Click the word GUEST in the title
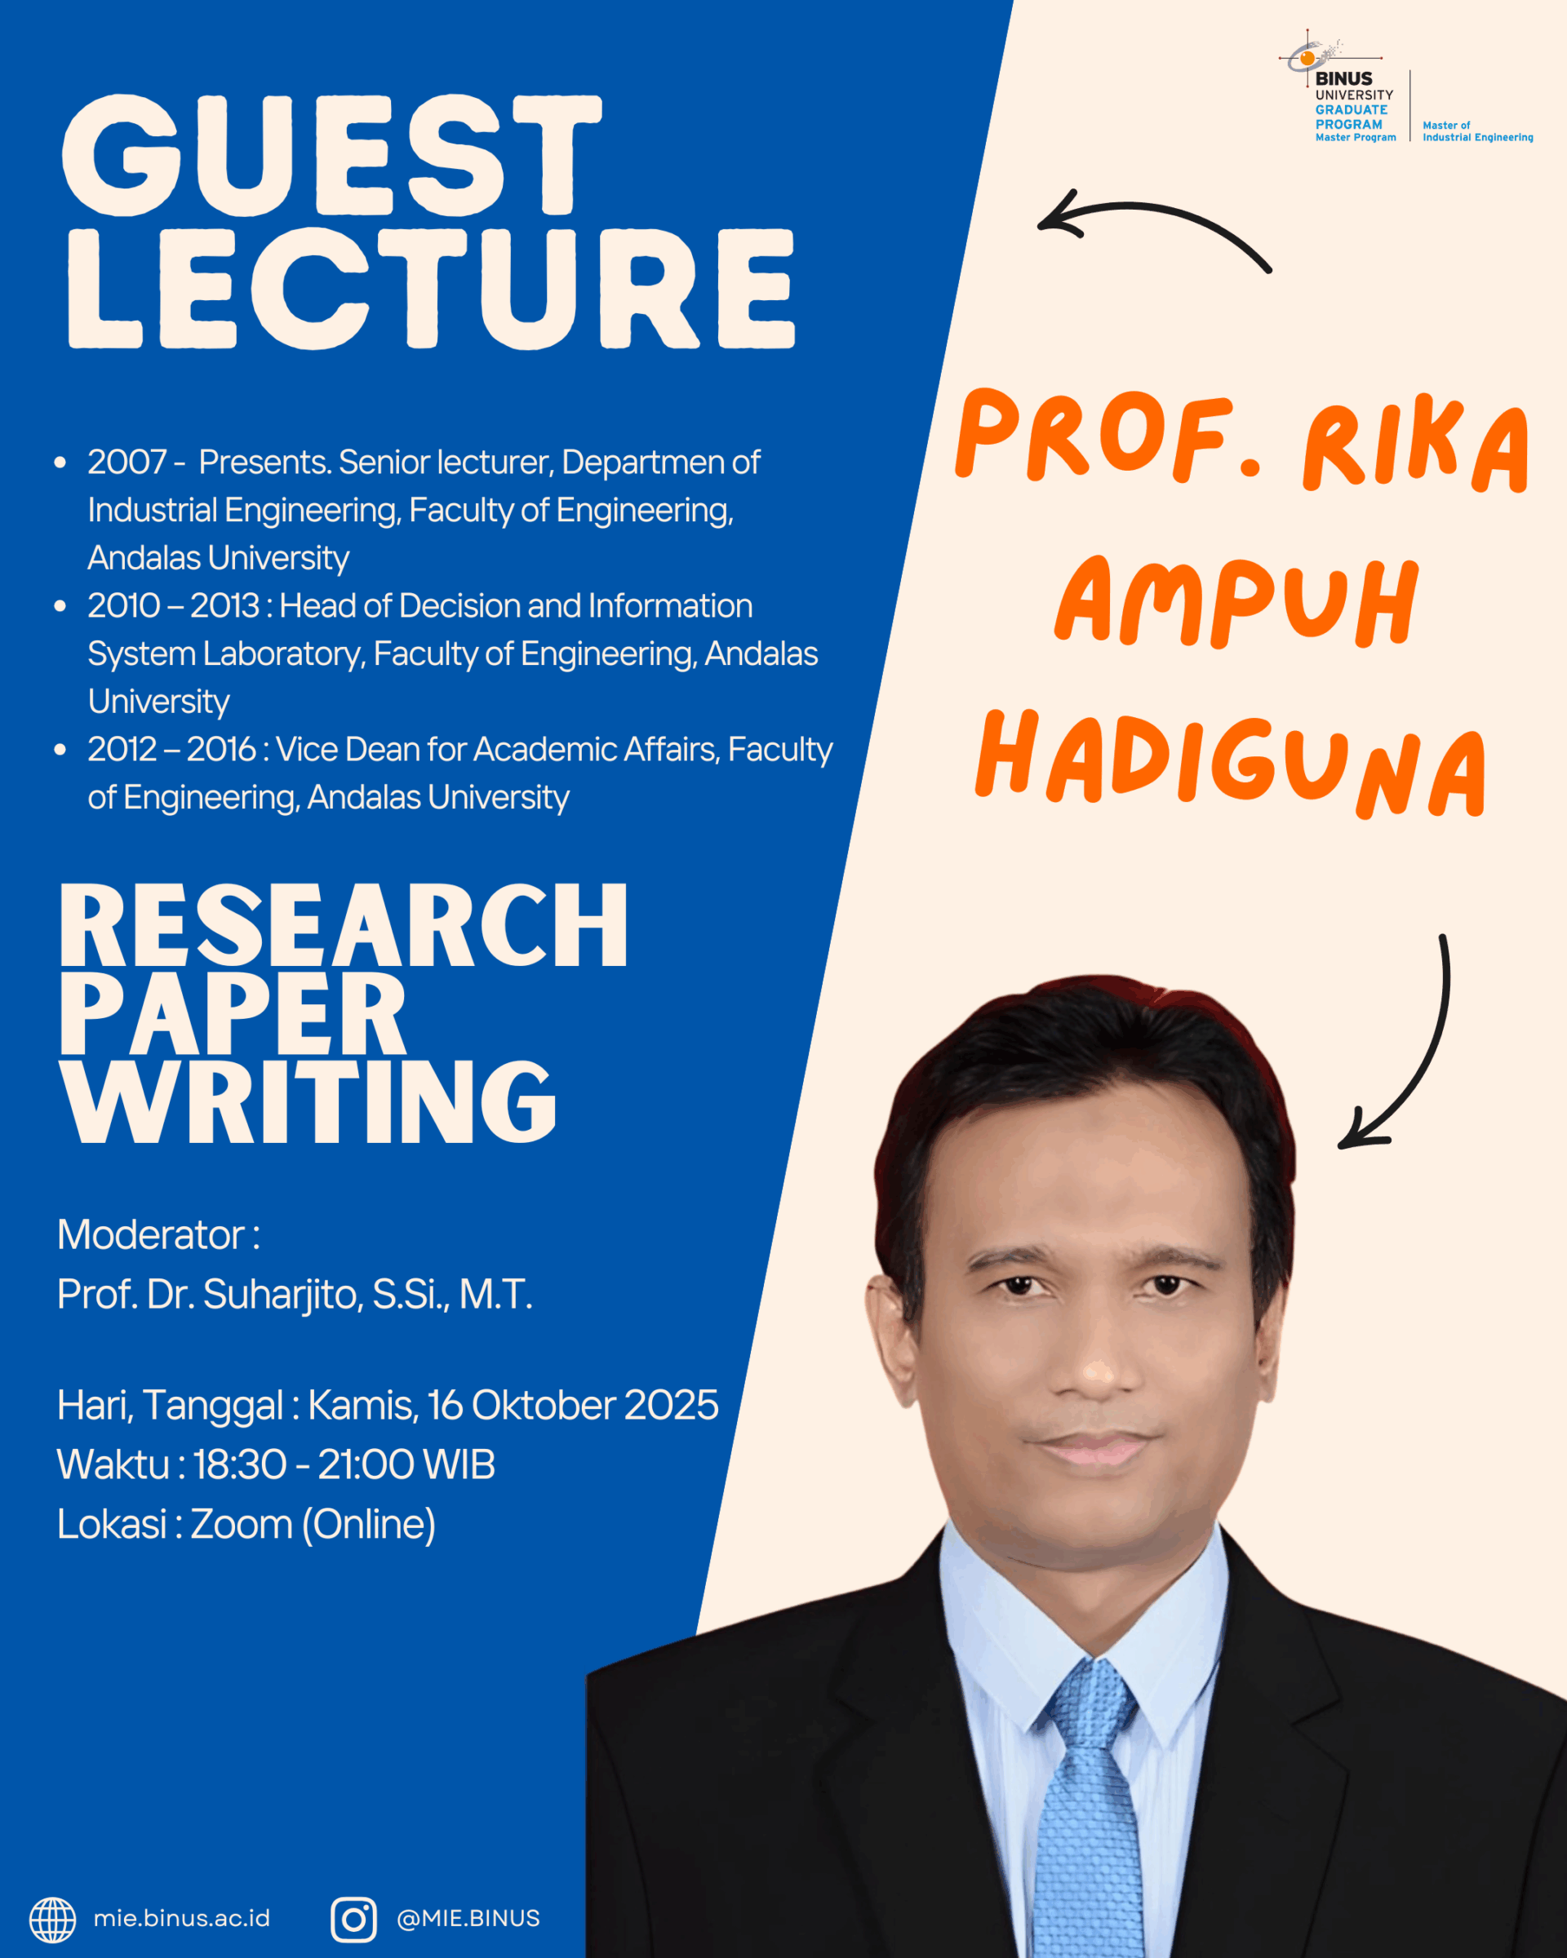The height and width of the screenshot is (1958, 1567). click(331, 155)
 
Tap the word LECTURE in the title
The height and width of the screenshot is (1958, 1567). click(432, 288)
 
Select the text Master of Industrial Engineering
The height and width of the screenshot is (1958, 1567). click(1477, 131)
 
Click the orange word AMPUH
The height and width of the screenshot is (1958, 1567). click(1236, 601)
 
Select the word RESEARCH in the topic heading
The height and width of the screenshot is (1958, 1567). click(344, 925)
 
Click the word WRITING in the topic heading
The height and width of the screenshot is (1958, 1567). click(308, 1101)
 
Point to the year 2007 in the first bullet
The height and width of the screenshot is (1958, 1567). click(127, 463)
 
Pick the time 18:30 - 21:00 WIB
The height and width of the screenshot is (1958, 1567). click(344, 1464)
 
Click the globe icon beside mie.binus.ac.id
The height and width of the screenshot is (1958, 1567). click(53, 1919)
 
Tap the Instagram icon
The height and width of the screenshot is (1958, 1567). click(353, 1919)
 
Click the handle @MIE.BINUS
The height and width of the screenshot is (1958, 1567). click(468, 1918)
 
